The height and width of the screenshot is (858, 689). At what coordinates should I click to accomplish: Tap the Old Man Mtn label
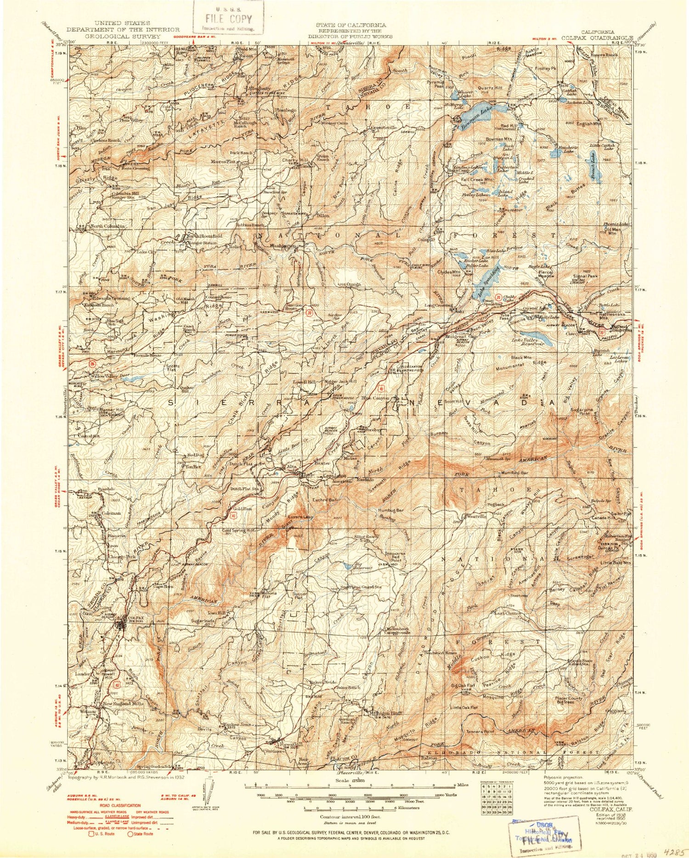(x=613, y=231)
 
